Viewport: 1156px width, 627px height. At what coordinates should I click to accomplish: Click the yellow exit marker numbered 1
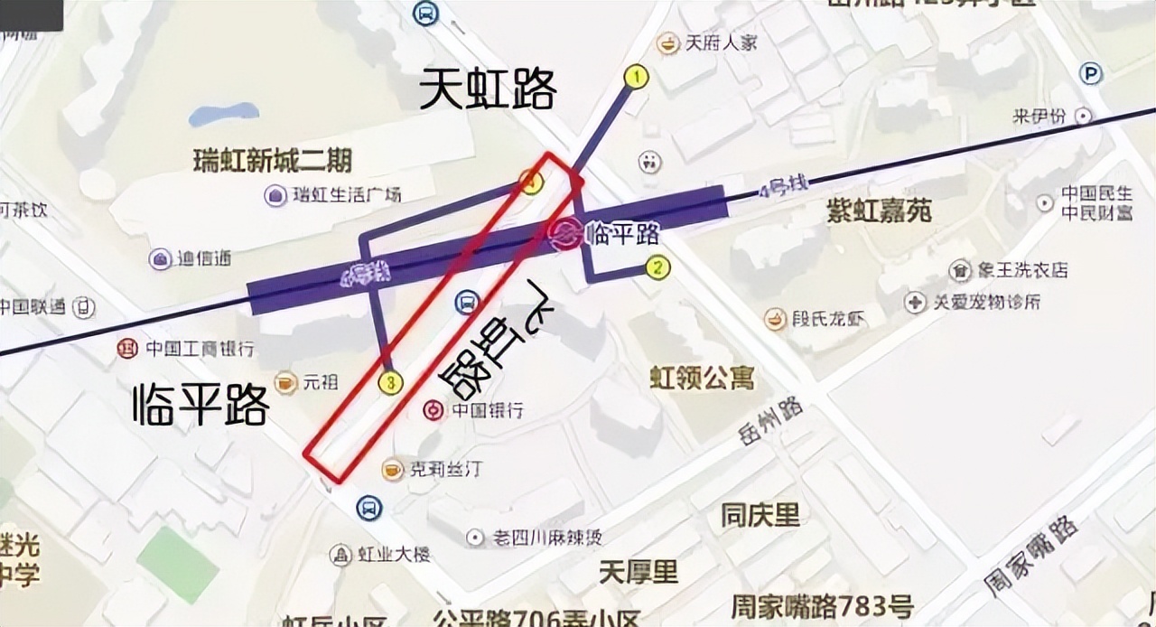638,77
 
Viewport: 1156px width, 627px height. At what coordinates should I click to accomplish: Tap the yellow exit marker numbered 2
657,267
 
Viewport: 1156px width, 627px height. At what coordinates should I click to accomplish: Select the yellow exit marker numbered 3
390,383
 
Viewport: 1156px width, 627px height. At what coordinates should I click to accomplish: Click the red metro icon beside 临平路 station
564,234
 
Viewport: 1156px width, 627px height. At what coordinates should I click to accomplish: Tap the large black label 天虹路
488,90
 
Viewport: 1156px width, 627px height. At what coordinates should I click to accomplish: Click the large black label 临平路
200,404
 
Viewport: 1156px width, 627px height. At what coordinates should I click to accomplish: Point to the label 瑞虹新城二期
273,162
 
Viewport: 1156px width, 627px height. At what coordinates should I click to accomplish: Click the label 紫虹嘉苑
879,211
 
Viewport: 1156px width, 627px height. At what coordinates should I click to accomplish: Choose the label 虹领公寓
702,378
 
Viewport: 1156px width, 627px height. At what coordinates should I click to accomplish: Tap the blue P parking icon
1092,74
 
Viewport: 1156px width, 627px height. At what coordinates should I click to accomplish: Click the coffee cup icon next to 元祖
285,383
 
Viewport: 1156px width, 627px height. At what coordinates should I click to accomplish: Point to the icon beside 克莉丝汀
393,469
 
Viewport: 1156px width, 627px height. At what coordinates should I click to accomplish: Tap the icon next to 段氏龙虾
775,318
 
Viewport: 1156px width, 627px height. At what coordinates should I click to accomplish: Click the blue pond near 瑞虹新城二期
223,115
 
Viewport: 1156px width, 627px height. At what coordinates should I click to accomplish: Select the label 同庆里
760,516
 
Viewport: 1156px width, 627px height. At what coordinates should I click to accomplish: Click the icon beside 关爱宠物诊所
916,302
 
